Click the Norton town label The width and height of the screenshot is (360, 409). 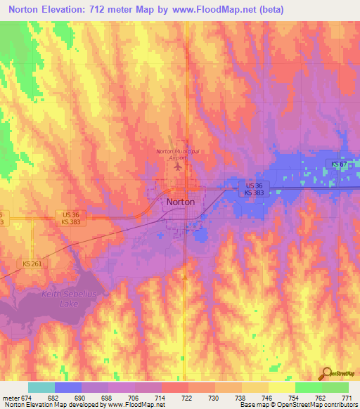coord(181,201)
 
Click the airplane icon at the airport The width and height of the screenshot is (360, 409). coord(178,167)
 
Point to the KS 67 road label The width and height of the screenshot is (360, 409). coord(340,164)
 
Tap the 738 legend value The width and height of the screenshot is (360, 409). coord(241,398)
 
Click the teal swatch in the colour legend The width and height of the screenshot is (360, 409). coord(41,388)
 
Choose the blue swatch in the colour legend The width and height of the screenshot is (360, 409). coord(68,388)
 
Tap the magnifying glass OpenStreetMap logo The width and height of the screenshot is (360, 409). coord(327,372)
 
